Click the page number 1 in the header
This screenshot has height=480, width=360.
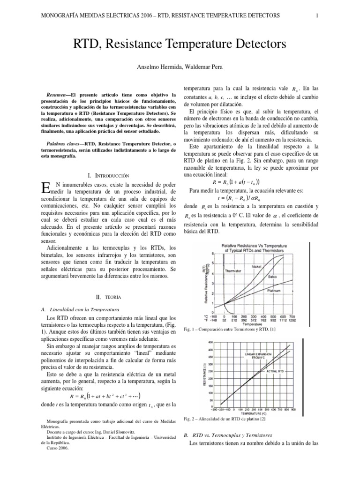click(x=317, y=15)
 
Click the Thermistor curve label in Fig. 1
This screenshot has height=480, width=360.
click(x=233, y=270)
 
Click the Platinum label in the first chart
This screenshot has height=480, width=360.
click(x=273, y=291)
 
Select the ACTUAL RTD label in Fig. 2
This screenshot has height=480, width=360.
click(x=275, y=371)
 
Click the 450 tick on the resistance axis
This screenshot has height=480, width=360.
click(x=210, y=342)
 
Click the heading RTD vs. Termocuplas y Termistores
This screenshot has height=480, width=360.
click(x=232, y=435)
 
